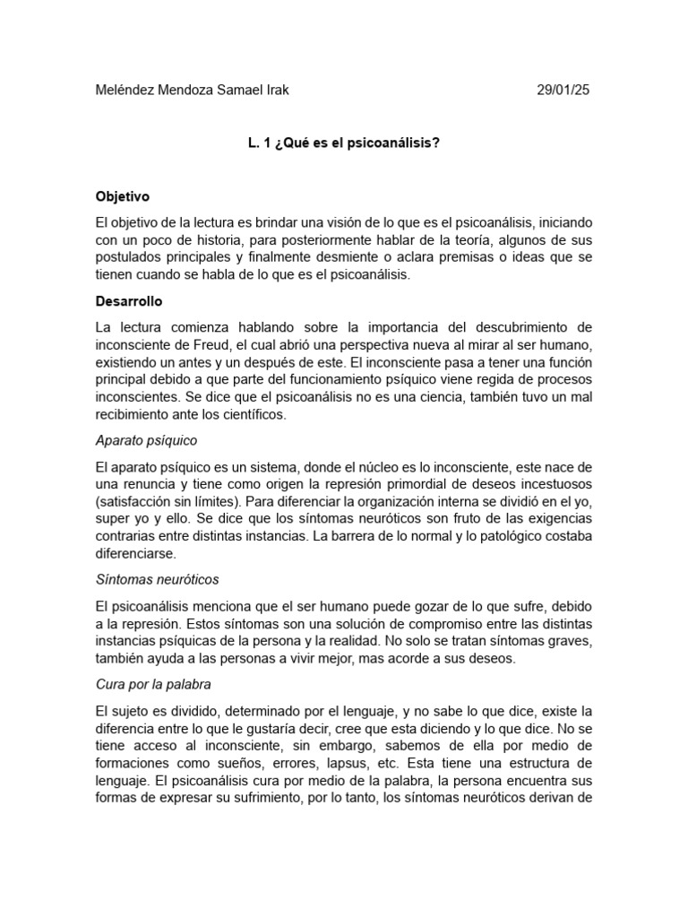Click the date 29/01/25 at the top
coord(563,91)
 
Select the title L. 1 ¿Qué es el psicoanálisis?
coord(344,143)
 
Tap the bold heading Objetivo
coord(123,195)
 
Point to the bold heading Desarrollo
coord(129,301)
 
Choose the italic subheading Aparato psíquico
coord(146,441)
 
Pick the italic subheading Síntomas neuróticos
coord(157,580)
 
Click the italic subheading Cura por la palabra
coord(153,684)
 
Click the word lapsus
coord(340,763)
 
